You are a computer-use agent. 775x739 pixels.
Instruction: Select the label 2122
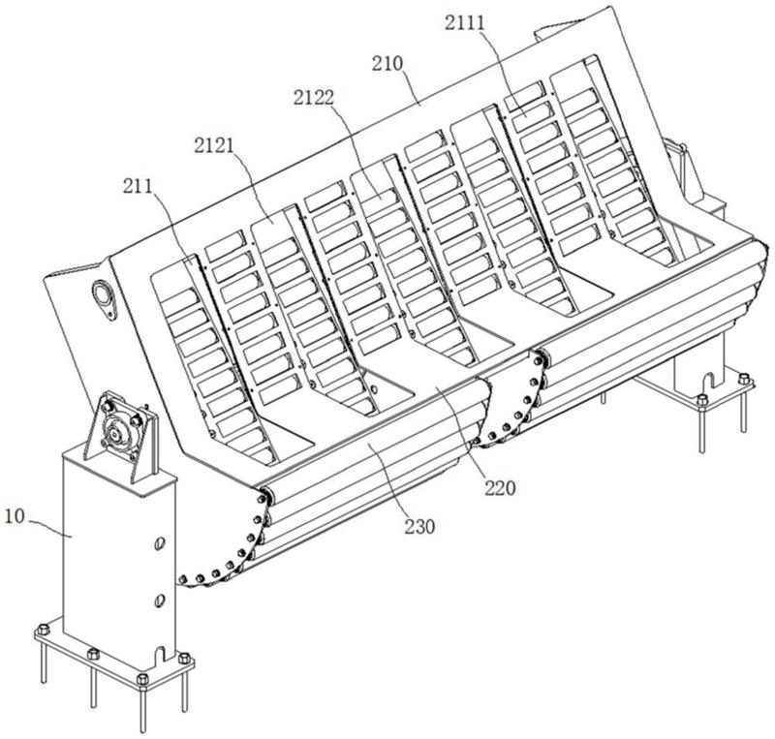coord(313,97)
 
